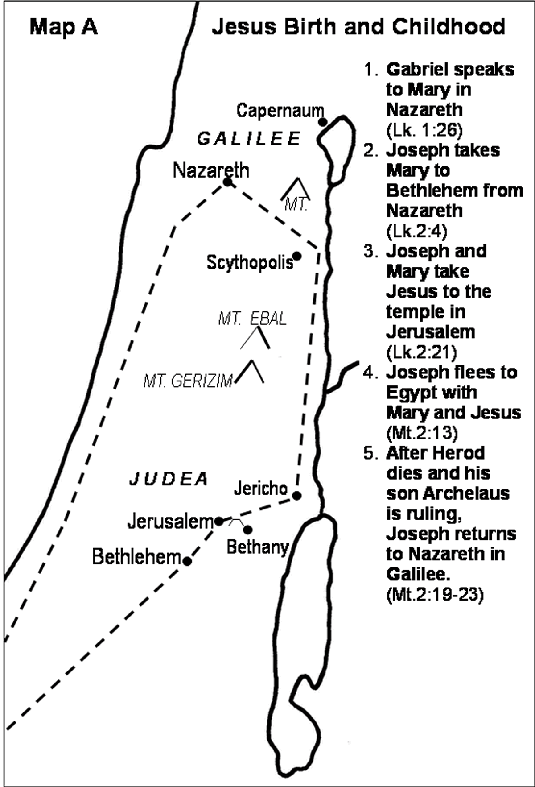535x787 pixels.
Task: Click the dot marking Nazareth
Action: pos(228,182)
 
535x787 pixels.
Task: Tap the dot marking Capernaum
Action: pos(322,122)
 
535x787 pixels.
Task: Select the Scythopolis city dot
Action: pos(297,256)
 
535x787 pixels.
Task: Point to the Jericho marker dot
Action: pos(297,495)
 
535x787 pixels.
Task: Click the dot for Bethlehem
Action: pos(188,561)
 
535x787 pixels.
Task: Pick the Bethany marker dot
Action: pos(248,530)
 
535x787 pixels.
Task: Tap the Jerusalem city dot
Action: pos(219,521)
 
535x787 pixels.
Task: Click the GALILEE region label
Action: pos(249,139)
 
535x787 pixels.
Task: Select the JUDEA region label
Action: pos(169,479)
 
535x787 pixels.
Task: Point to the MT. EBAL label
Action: pos(252,319)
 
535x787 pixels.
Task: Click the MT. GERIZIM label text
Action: pos(188,381)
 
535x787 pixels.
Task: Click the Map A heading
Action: pos(63,28)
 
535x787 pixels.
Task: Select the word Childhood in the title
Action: pos(449,27)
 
